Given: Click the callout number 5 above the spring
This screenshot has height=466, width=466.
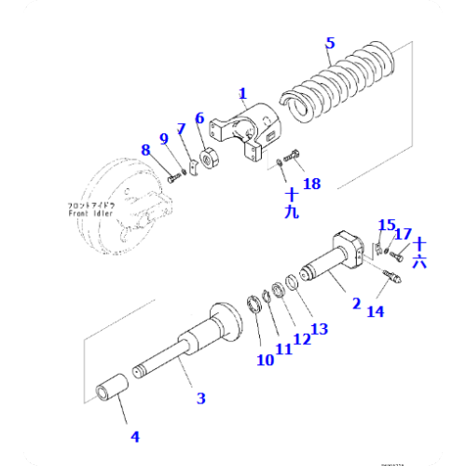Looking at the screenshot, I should pos(330,43).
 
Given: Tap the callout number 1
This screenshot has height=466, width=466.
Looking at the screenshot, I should pos(242,93).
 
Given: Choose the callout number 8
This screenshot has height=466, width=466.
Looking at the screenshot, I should pos(145,150).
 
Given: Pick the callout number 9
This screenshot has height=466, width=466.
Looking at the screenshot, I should pos(164,140).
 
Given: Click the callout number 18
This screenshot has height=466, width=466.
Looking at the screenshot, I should pos(311,184).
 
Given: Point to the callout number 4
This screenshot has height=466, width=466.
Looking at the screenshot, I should pos(135,436).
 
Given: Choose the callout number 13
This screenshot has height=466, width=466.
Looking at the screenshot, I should pos(319,328).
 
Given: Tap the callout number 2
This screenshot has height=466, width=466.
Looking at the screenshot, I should pos(355,302).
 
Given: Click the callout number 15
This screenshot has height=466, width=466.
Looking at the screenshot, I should pos(386,225).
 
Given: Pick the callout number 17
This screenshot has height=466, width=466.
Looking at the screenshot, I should pos(404,233).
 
